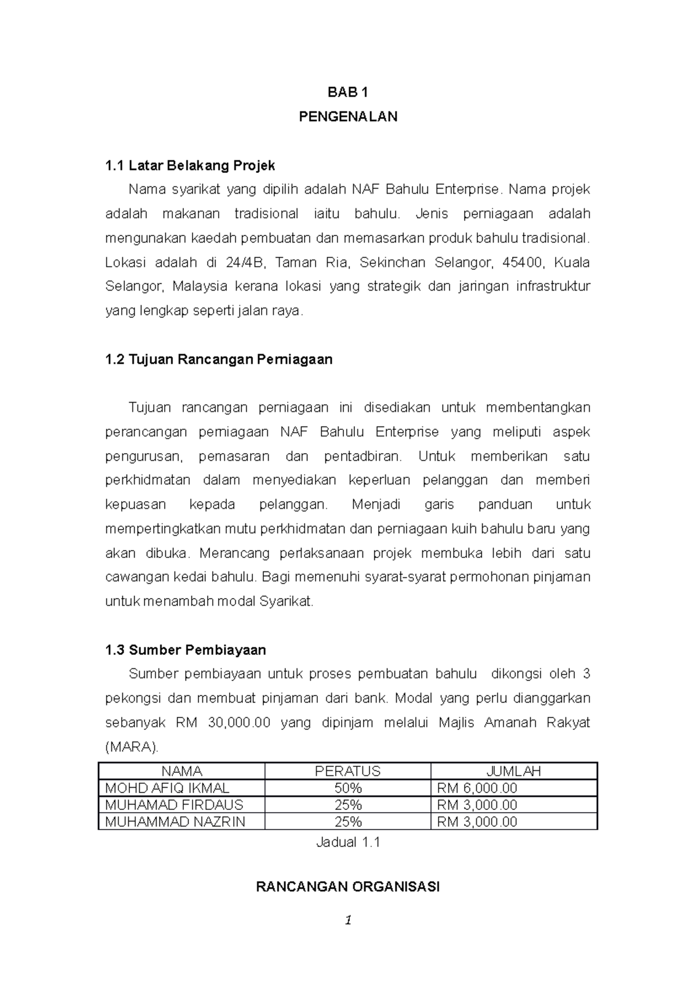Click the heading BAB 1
347,92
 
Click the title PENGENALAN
347,117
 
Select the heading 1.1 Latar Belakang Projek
190,166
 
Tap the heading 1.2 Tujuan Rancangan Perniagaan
219,360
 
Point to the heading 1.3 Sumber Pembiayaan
186,650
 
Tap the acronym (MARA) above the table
131,747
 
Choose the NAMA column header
182,772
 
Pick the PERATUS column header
347,772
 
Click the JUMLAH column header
513,772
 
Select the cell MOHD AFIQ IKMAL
167,788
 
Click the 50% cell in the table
347,788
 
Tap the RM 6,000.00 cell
477,788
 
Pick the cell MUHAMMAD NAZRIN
175,822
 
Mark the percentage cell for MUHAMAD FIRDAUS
347,805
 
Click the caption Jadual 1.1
347,843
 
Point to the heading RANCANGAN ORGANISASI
347,887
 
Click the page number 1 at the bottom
347,920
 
